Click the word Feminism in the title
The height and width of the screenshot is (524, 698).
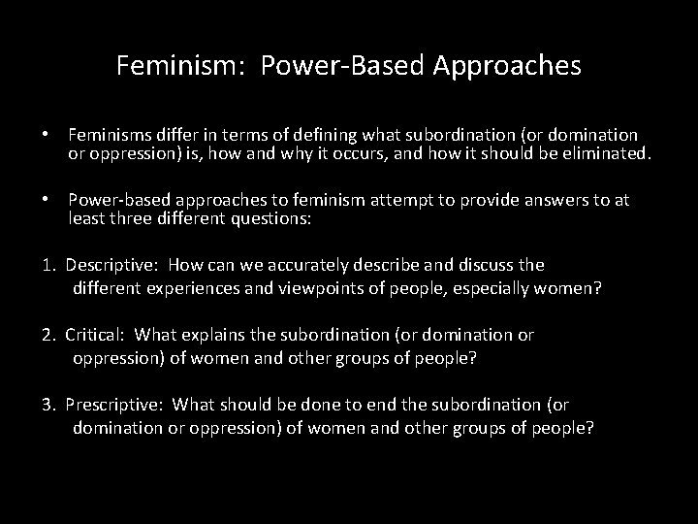pyautogui.click(x=169, y=65)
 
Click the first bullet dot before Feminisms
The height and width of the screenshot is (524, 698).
pyautogui.click(x=47, y=135)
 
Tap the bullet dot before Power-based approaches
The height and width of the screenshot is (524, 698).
pyautogui.click(x=47, y=200)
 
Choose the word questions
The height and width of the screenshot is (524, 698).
pyautogui.click(x=270, y=218)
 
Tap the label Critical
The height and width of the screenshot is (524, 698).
pyautogui.click(x=95, y=335)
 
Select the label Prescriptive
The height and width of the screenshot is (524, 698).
pyautogui.click(x=110, y=405)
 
